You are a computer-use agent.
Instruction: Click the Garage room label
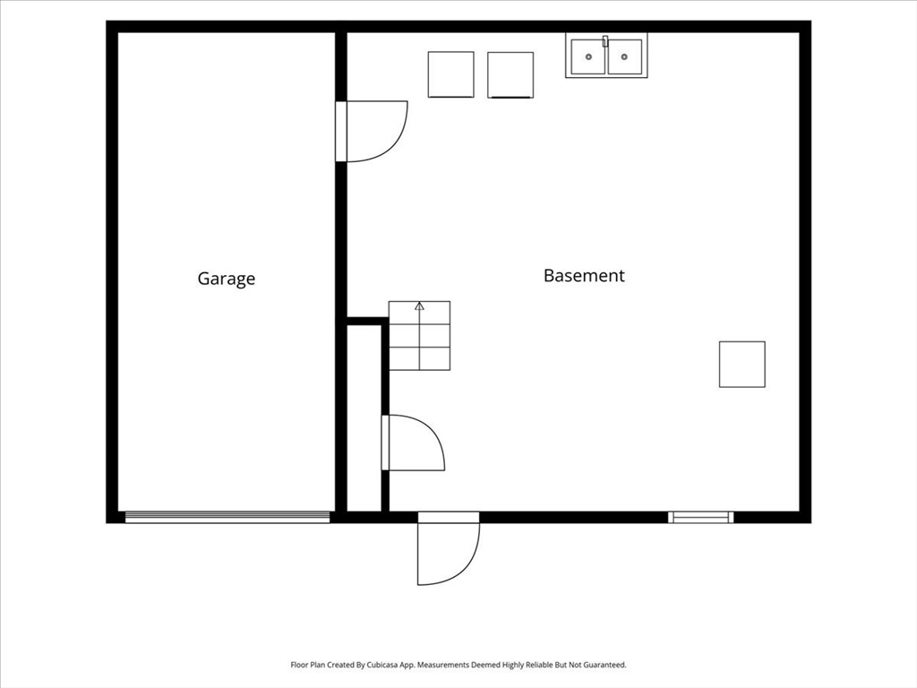click(227, 279)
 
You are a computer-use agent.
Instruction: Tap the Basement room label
click(584, 276)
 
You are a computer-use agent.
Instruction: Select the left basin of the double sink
click(588, 56)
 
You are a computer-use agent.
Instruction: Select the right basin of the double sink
click(624, 56)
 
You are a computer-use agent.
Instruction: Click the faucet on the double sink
click(606, 41)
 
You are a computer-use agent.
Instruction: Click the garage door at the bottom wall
click(227, 517)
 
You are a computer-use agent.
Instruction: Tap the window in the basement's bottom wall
click(700, 517)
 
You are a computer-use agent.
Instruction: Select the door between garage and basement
click(372, 131)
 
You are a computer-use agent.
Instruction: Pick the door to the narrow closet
click(414, 443)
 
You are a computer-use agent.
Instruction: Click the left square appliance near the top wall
click(451, 74)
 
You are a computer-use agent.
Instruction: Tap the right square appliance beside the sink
click(510, 75)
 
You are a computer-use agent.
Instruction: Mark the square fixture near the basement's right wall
click(742, 364)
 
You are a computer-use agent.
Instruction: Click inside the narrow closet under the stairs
click(364, 417)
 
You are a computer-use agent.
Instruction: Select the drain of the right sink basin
click(624, 56)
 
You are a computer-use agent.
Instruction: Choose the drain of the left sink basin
click(588, 56)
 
